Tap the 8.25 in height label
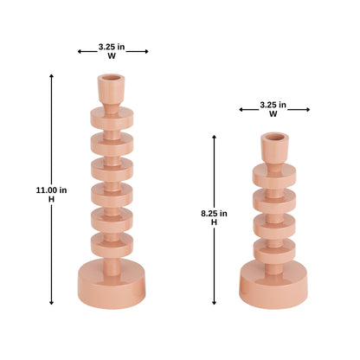(x=214, y=213)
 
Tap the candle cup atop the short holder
(x=274, y=146)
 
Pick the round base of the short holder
(x=274, y=280)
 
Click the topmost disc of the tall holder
(x=112, y=117)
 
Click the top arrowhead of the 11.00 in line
(x=51, y=76)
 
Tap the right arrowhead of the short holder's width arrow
(x=308, y=109)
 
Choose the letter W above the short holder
(x=273, y=113)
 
